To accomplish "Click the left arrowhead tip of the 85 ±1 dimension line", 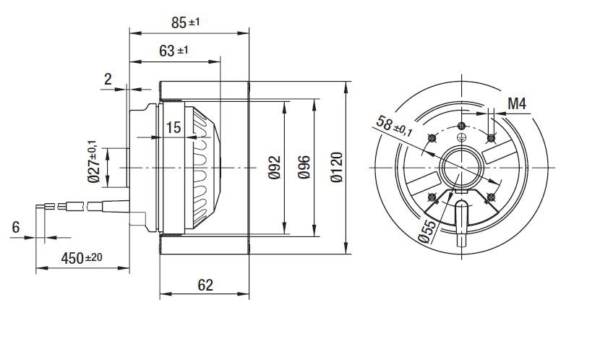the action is point(130,33).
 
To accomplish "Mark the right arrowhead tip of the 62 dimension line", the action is point(249,293).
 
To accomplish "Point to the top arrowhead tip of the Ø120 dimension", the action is point(346,82).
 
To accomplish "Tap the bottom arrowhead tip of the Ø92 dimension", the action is point(284,233).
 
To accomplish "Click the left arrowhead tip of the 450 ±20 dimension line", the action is point(36,267).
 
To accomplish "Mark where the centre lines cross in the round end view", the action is point(462,168).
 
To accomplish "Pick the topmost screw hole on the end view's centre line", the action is point(462,126).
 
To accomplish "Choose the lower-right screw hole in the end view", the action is point(491,197).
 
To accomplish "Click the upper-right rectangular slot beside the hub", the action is point(497,152).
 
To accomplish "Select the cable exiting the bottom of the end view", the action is point(461,223).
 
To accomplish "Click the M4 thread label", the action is point(517,103).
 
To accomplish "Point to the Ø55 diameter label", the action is point(427,232).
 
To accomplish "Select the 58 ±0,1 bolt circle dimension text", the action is point(395,126).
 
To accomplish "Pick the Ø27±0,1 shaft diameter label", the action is point(93,161).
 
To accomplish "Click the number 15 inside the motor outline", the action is point(173,127).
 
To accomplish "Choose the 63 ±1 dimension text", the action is point(173,51).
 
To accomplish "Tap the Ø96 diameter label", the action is point(304,167).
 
